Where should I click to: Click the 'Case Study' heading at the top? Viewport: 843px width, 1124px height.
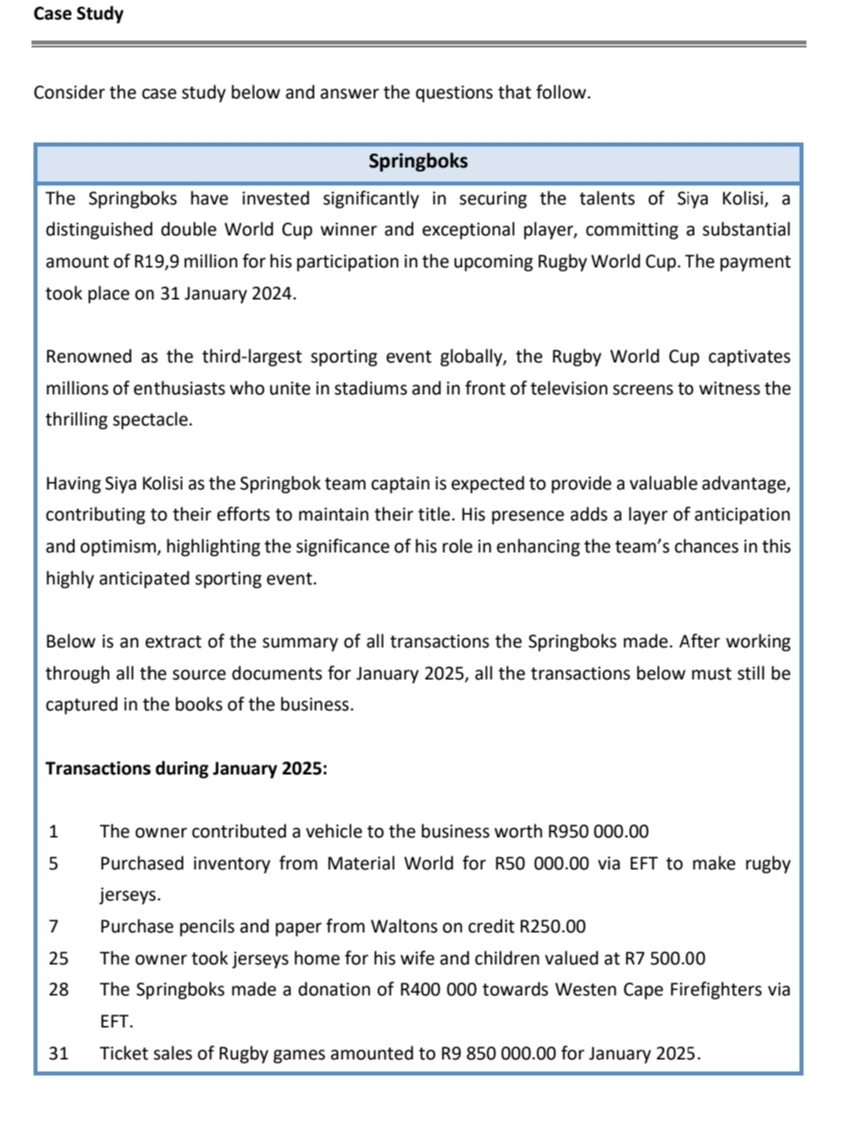tap(78, 14)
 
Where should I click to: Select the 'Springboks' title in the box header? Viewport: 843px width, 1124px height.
tap(418, 161)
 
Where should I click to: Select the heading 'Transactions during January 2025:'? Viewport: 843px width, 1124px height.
tap(185, 769)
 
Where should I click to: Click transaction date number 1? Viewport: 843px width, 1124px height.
tap(53, 831)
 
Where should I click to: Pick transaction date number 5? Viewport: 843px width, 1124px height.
tap(53, 863)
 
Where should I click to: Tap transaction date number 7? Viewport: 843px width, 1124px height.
tap(53, 927)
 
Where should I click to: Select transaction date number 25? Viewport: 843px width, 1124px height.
tap(58, 959)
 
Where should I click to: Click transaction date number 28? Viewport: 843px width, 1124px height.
tap(58, 990)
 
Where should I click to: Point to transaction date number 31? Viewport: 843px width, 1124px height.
tap(58, 1054)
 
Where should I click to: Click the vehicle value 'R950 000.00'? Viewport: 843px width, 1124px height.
tap(599, 831)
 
